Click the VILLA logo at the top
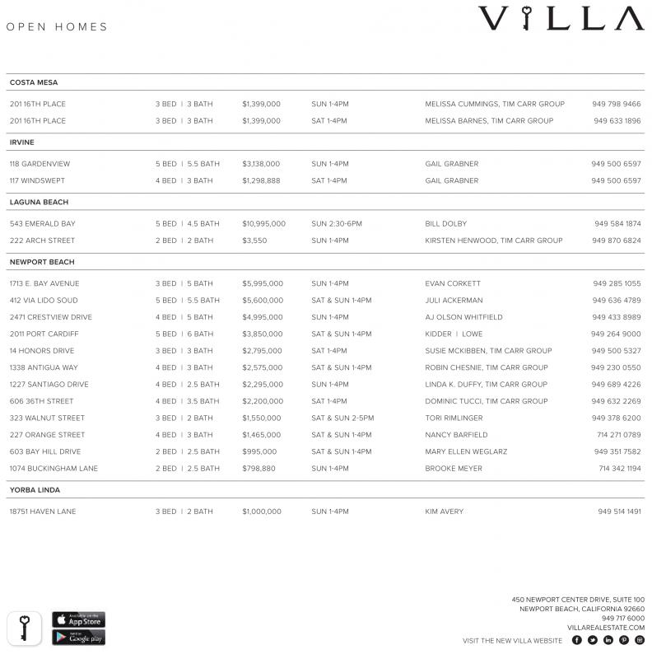click(x=561, y=19)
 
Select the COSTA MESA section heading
click(x=34, y=82)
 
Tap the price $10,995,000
click(x=263, y=224)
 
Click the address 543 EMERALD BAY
click(x=42, y=224)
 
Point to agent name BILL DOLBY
click(x=445, y=224)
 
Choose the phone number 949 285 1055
click(x=617, y=283)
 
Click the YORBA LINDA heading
click(x=35, y=490)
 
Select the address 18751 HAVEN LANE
click(x=43, y=512)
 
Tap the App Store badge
click(x=79, y=619)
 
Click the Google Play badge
click(x=79, y=638)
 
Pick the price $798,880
click(x=258, y=469)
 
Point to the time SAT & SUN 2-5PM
click(x=342, y=418)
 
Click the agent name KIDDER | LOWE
click(x=454, y=334)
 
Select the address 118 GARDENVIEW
click(x=40, y=164)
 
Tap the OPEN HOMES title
click(x=57, y=27)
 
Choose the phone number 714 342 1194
click(x=619, y=469)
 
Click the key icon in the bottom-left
click(x=25, y=628)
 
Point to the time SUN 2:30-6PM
click(x=337, y=224)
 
